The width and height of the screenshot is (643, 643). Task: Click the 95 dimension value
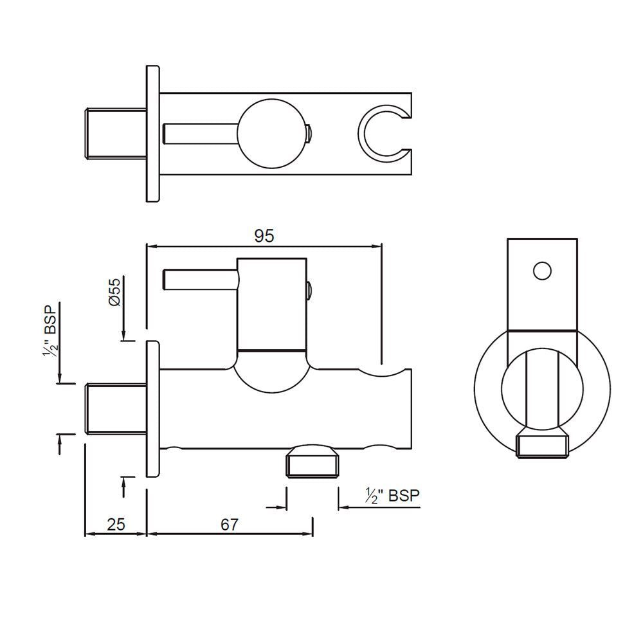[264, 236]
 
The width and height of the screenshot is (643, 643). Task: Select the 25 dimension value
[116, 524]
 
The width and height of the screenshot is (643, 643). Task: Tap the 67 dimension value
[230, 524]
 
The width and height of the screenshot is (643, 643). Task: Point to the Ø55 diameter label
[115, 293]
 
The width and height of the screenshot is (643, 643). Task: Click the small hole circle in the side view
[542, 271]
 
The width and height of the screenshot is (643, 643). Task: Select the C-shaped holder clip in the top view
[383, 132]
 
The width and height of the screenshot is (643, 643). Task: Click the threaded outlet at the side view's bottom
[543, 445]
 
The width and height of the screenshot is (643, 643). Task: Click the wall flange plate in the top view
[153, 134]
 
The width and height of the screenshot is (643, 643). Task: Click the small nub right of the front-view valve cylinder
[310, 291]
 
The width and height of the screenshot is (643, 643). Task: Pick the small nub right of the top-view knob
[310, 134]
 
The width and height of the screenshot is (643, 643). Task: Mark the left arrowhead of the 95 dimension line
[152, 246]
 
